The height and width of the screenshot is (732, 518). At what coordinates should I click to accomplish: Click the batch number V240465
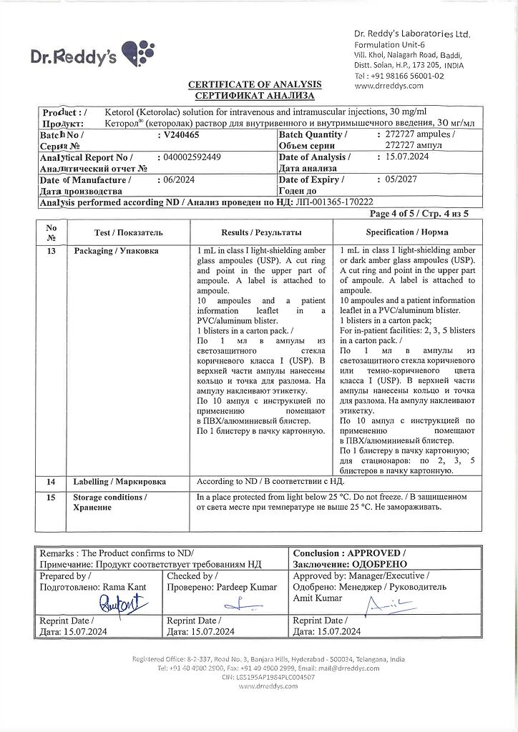click(182, 134)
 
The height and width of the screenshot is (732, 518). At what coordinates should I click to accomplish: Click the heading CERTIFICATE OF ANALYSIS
click(255, 84)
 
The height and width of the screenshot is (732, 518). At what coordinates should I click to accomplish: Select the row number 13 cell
click(51, 252)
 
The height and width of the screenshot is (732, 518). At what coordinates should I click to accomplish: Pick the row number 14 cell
click(51, 483)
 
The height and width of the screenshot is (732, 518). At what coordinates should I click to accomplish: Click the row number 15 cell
click(51, 497)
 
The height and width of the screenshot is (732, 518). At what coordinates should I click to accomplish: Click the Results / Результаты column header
click(261, 232)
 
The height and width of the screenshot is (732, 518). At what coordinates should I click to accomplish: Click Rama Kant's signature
click(117, 605)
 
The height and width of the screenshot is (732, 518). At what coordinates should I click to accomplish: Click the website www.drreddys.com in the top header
click(388, 86)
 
